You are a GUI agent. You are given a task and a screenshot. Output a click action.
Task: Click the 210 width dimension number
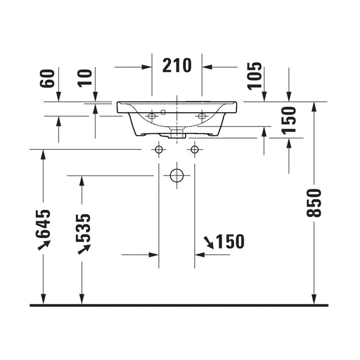click(177, 65)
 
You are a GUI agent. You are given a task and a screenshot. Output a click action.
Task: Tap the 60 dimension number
click(47, 78)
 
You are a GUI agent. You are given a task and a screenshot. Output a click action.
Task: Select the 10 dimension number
click(85, 78)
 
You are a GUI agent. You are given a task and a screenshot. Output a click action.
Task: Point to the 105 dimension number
click(255, 76)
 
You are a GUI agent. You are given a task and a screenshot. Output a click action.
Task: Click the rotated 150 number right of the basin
click(288, 120)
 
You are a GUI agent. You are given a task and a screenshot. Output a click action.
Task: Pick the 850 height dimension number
click(314, 203)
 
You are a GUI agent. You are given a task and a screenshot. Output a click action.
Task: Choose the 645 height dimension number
click(42, 224)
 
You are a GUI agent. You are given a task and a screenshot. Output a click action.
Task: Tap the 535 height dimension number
click(83, 228)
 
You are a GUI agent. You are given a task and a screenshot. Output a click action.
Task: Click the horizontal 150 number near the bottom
click(230, 241)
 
